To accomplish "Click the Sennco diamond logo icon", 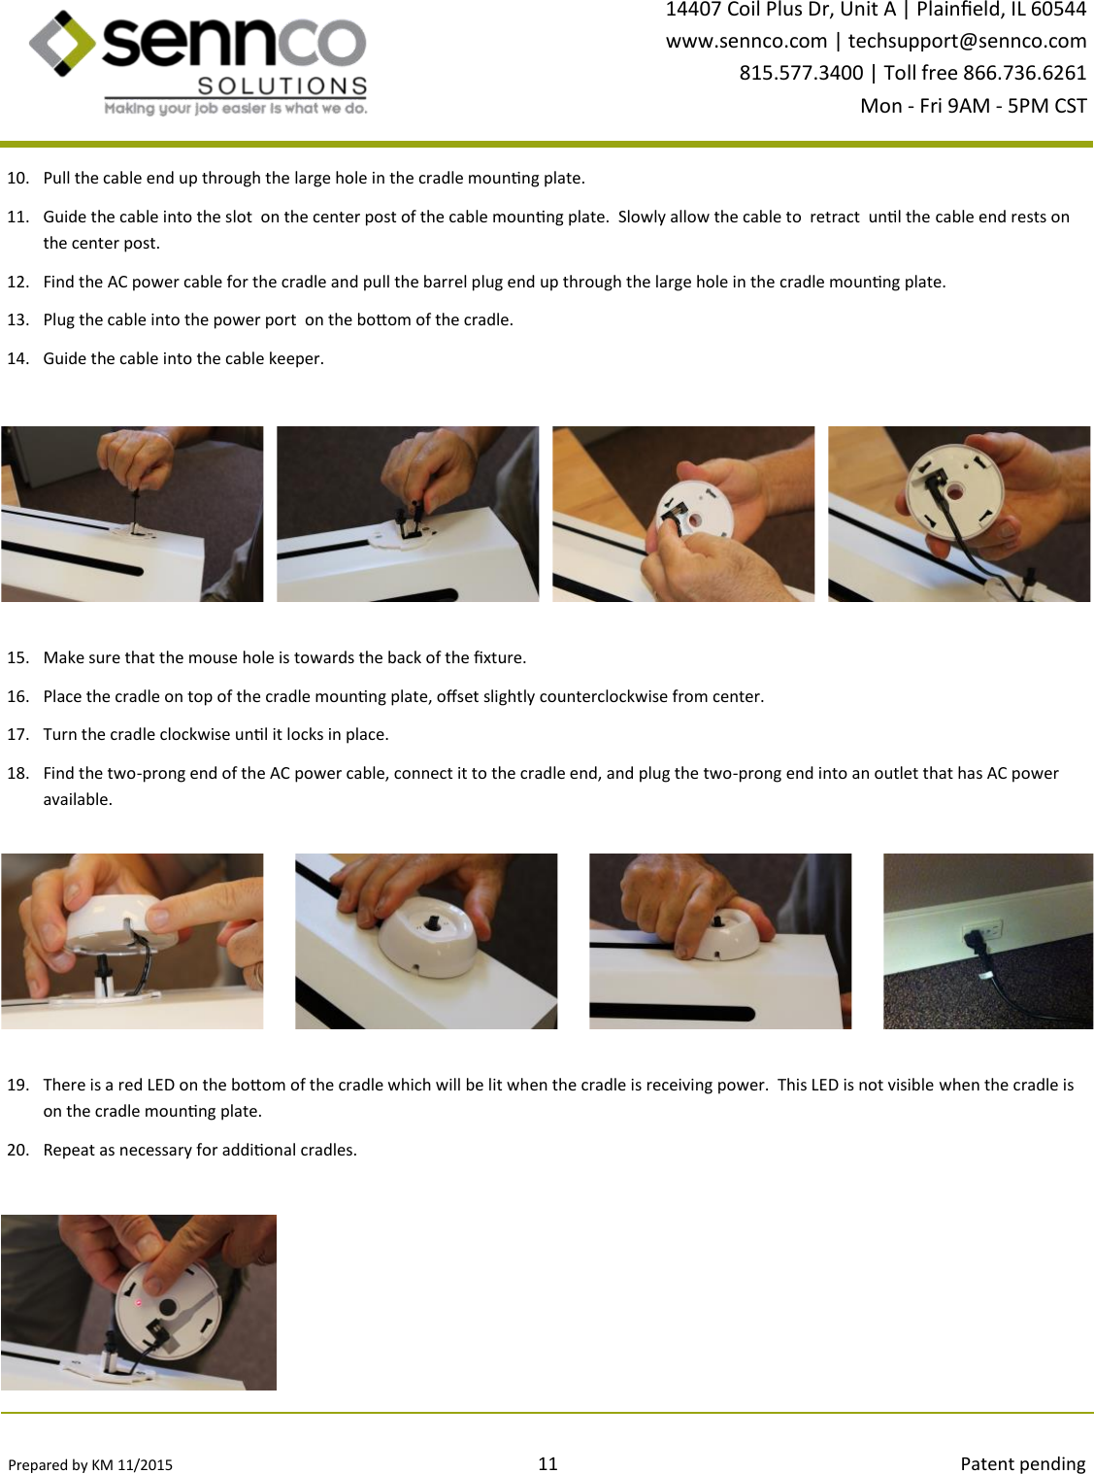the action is (62, 43).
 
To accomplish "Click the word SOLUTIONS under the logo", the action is (282, 86).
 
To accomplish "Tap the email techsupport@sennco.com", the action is (967, 41).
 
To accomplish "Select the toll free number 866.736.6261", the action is (1025, 73).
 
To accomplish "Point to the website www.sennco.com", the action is (746, 41).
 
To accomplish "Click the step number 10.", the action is (17, 178).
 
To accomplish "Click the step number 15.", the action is (17, 657).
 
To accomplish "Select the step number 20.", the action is (17, 1150).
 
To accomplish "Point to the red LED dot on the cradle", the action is (139, 1302).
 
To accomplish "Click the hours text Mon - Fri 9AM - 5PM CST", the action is (974, 106).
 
